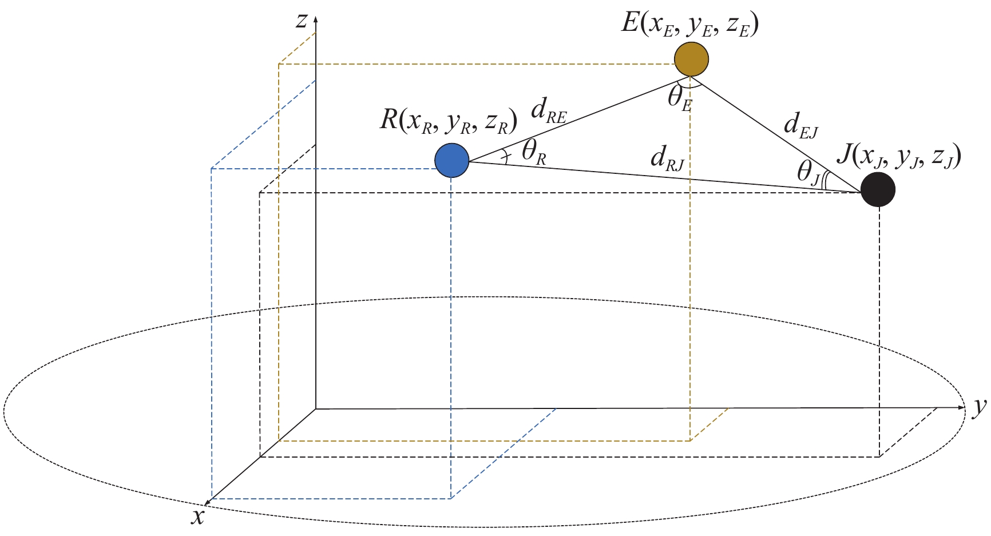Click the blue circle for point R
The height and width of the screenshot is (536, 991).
pyautogui.click(x=452, y=161)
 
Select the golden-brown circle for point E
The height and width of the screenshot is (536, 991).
pyautogui.click(x=691, y=58)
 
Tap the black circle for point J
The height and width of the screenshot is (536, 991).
pyautogui.click(x=878, y=190)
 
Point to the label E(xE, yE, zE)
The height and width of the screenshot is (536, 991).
pyautogui.click(x=690, y=25)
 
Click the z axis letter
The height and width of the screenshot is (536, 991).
pyautogui.click(x=302, y=21)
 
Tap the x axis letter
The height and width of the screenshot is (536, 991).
pyautogui.click(x=198, y=517)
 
